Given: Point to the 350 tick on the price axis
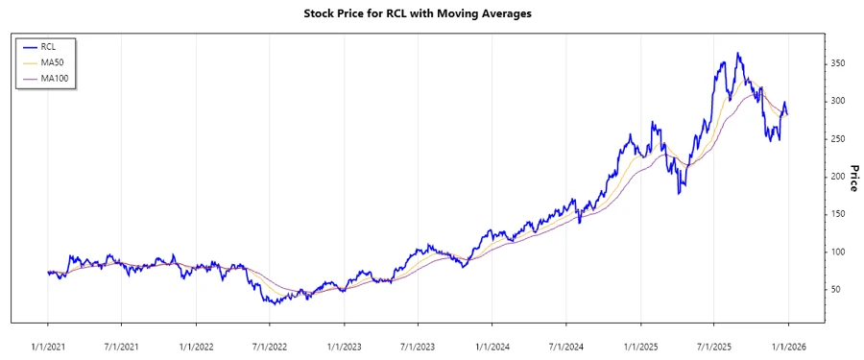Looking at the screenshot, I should tap(838, 63).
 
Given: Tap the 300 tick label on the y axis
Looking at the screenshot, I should tap(838, 101).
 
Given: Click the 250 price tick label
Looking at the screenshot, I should tap(838, 139).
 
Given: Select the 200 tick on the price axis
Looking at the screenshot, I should tap(838, 177).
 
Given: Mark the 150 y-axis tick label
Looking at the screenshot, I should tap(838, 214).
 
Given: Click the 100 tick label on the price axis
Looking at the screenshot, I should tap(838, 252).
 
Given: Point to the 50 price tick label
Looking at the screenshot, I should tap(835, 289).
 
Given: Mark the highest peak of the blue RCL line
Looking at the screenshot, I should tap(737, 54).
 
